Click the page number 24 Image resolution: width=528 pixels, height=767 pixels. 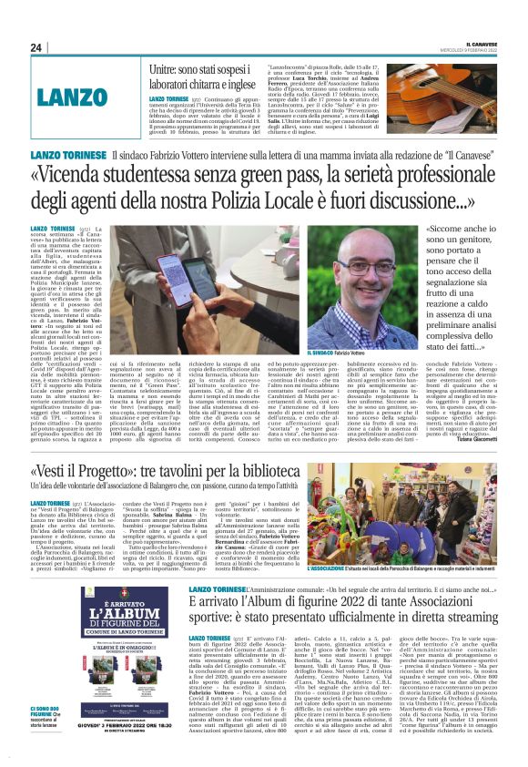(36, 47)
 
